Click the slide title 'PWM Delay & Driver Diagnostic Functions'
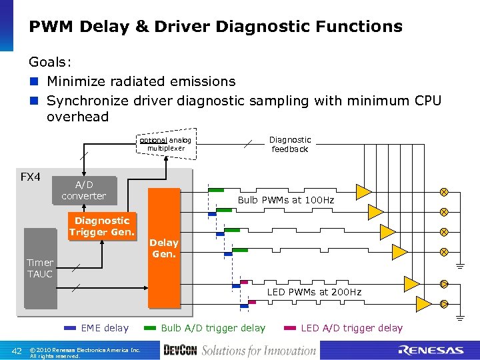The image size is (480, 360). pyautogui.click(x=215, y=27)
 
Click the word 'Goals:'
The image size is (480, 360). pyautogui.click(x=51, y=62)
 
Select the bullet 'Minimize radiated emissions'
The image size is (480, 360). pyautogui.click(x=141, y=81)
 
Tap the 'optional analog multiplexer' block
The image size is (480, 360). pyautogui.click(x=165, y=143)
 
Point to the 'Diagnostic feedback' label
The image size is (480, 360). pyautogui.click(x=289, y=144)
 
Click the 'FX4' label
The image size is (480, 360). pyautogui.click(x=31, y=177)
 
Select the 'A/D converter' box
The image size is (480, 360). pyautogui.click(x=83, y=190)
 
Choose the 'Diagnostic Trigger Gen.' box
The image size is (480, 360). pyautogui.click(x=101, y=226)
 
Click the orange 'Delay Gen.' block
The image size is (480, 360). pyautogui.click(x=164, y=248)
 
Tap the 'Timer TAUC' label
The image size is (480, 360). pyautogui.click(x=40, y=268)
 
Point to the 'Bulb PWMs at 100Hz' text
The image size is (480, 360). pyautogui.click(x=286, y=200)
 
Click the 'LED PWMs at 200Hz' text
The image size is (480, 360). pyautogui.click(x=314, y=292)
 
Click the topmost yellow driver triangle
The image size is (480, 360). pyautogui.click(x=363, y=192)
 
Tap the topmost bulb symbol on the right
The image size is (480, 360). pyautogui.click(x=443, y=192)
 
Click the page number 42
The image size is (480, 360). pyautogui.click(x=18, y=351)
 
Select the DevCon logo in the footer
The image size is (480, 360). pyautogui.click(x=180, y=350)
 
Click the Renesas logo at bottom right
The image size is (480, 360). pyautogui.click(x=430, y=350)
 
